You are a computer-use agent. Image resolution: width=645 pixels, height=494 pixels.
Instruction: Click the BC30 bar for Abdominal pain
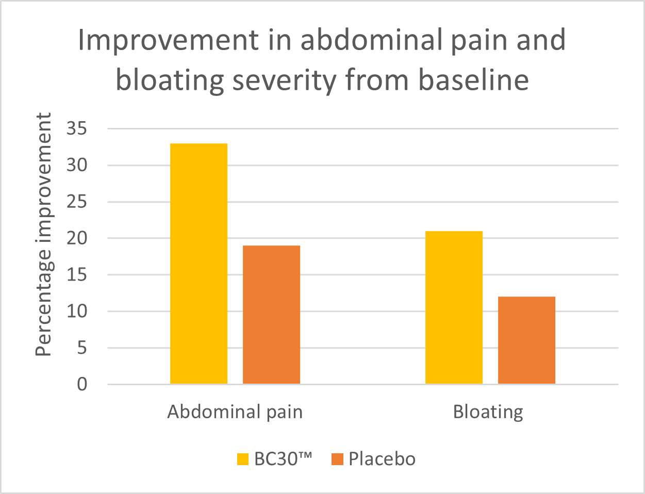point(199,264)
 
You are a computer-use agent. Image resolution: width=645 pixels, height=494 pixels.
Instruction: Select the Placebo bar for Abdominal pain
point(271,315)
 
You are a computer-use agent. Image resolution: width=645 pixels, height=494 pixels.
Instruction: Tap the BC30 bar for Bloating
point(454,307)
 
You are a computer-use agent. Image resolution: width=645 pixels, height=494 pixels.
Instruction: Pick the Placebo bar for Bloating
point(526,340)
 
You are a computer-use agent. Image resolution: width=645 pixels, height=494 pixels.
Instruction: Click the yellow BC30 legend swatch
point(243,459)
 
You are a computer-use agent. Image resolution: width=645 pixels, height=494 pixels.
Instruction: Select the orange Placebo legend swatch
point(337,459)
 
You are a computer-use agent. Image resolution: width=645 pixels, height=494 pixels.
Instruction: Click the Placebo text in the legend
point(382,459)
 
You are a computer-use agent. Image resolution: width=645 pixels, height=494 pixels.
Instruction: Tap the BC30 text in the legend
point(283,459)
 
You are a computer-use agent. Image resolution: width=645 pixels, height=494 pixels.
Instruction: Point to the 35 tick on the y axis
point(77,129)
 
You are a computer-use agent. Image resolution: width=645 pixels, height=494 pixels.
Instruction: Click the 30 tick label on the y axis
point(77,166)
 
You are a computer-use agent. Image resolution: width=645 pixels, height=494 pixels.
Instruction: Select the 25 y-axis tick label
point(77,202)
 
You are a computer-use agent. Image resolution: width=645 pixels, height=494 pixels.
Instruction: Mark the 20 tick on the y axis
point(77,239)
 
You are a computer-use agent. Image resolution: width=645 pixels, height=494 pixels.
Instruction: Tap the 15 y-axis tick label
point(77,275)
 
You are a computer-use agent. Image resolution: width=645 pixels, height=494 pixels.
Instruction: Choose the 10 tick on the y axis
point(77,311)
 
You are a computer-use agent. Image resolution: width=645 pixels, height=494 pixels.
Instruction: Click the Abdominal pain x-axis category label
point(235,412)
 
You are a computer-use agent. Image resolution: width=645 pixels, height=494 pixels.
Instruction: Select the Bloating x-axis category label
point(488,412)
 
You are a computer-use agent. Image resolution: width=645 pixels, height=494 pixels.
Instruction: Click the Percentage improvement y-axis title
point(44,235)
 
